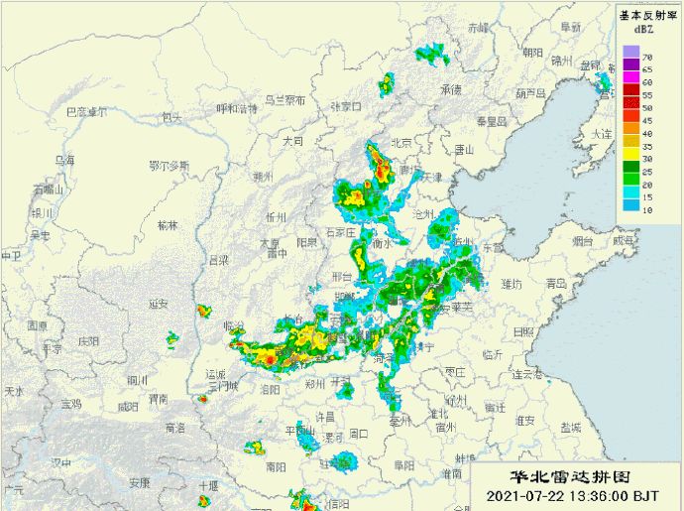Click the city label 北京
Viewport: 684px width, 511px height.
[400, 142]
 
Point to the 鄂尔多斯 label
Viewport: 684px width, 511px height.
[168, 165]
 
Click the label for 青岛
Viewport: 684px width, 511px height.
[557, 283]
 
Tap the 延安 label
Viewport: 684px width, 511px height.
[158, 304]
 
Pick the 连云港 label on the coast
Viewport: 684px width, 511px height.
[526, 374]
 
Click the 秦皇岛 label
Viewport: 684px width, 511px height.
[492, 121]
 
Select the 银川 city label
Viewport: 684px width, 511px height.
[41, 211]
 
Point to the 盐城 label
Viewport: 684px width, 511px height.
[570, 427]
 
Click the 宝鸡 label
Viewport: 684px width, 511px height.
[71, 404]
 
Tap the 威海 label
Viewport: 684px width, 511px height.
[623, 240]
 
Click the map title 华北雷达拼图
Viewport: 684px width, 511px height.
[564, 476]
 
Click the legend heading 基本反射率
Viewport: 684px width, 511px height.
[645, 15]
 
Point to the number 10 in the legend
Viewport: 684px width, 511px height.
[645, 210]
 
